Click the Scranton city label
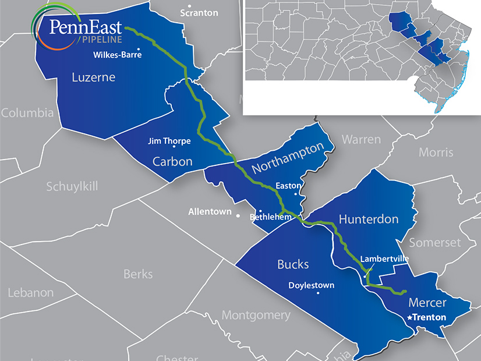pos(199,13)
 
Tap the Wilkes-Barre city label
pos(118,56)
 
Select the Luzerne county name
pos(94,77)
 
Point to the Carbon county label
pos(172,161)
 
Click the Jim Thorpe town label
pos(169,141)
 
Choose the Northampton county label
pos(287,158)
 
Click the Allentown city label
pos(210,212)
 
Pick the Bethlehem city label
pos(270,217)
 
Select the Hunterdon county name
pos(368,220)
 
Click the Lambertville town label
pos(385,259)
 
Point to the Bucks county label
pos(293,264)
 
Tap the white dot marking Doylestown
pos(317,293)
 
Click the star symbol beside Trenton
pos(410,318)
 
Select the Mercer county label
pos(427,302)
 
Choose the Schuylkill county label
pos(72,186)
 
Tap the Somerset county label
pos(434,242)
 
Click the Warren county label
pos(361,140)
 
